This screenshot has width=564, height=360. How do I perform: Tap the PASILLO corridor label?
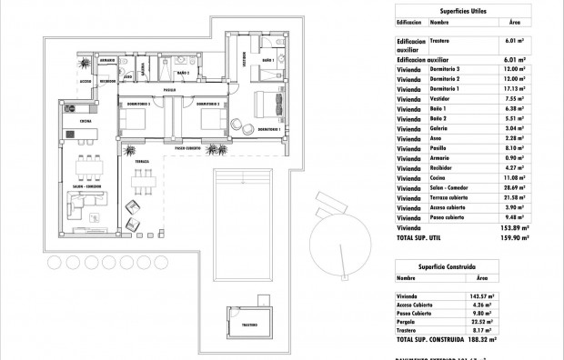pyautogui.click(x=169, y=91)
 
